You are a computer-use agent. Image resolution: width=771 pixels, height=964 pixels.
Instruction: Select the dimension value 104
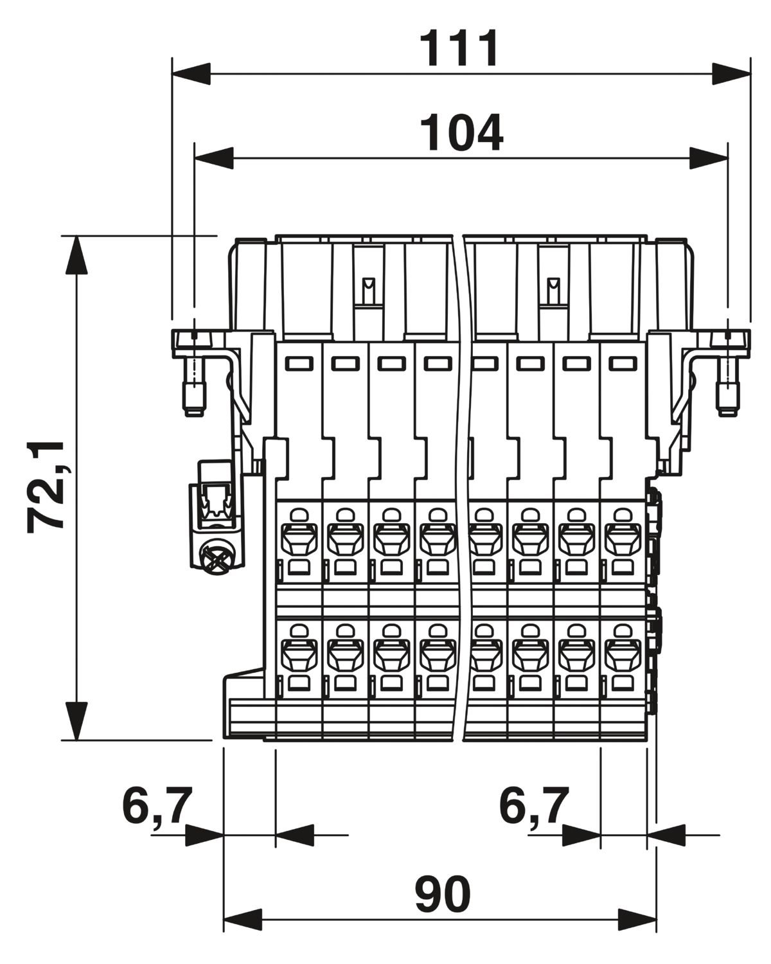[x=461, y=132]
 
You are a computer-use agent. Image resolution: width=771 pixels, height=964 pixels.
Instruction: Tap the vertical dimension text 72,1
[x=45, y=486]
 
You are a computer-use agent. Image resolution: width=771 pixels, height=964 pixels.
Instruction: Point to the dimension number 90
[x=443, y=895]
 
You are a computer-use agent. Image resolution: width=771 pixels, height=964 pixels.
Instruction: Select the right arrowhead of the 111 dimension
[x=731, y=74]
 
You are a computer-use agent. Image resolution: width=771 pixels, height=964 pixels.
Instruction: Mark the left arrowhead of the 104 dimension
[x=214, y=158]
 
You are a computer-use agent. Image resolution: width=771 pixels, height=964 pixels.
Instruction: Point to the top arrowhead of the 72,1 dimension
[x=76, y=254]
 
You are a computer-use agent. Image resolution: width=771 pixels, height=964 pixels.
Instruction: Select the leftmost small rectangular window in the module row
[x=299, y=363]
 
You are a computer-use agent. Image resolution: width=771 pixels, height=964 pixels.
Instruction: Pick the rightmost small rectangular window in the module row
[x=623, y=363]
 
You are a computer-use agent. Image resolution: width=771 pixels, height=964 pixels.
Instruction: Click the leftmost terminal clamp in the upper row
[x=299, y=540]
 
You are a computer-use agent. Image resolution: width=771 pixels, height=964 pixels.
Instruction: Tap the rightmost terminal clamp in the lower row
[x=623, y=657]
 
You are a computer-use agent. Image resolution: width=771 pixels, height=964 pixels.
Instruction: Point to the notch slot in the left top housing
[x=368, y=290]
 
